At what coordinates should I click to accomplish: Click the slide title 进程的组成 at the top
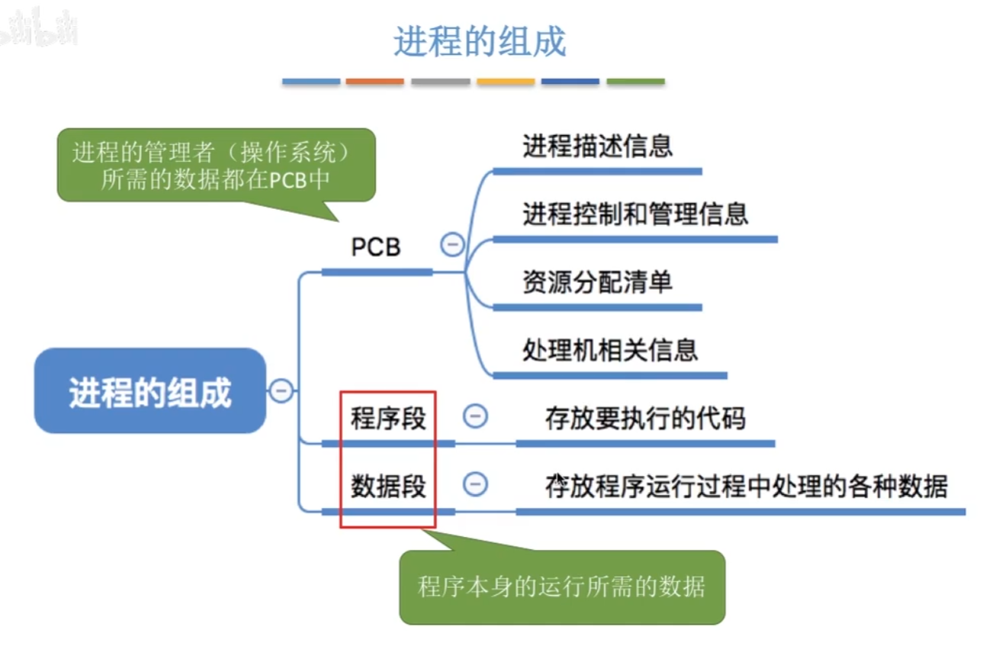click(480, 41)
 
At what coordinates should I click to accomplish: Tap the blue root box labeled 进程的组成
click(150, 391)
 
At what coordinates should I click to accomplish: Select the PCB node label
click(376, 247)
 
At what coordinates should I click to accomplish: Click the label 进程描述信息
click(597, 146)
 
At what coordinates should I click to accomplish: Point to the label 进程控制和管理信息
click(635, 214)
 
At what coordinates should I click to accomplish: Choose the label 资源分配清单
click(597, 282)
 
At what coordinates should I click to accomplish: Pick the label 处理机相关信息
click(610, 350)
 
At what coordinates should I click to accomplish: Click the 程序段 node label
click(388, 418)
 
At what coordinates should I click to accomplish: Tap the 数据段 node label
click(388, 486)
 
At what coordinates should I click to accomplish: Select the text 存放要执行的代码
click(645, 418)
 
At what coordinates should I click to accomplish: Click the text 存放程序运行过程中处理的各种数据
click(746, 486)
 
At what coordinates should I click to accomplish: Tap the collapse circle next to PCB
click(452, 245)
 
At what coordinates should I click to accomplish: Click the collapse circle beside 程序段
click(476, 416)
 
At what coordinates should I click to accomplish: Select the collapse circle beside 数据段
click(476, 484)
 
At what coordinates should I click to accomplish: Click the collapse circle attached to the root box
click(281, 391)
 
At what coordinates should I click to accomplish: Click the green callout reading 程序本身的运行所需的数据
click(561, 586)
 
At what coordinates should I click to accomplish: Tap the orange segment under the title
click(374, 81)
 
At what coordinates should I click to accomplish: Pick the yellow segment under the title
click(506, 81)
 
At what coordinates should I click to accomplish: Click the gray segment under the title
click(440, 81)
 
